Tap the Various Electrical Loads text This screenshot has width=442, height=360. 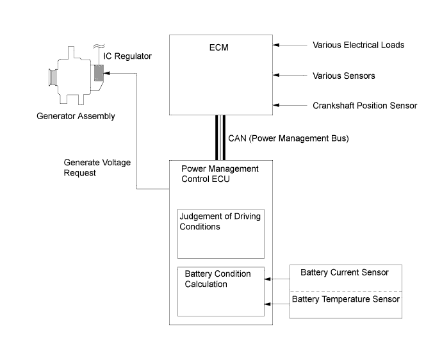coord(358,45)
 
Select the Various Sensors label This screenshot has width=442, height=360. coord(343,76)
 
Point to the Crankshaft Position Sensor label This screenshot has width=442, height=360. coord(365,106)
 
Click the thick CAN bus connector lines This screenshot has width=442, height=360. coord(220,138)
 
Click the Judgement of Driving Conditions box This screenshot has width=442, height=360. coord(221,233)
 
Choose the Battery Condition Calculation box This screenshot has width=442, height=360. coord(221,291)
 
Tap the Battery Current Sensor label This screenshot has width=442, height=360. coord(345,273)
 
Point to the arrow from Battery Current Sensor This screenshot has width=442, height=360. coord(277,279)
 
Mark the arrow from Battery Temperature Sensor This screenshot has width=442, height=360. coord(277,304)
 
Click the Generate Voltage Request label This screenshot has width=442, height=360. coord(97,168)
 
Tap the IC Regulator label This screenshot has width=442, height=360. coord(129,56)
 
